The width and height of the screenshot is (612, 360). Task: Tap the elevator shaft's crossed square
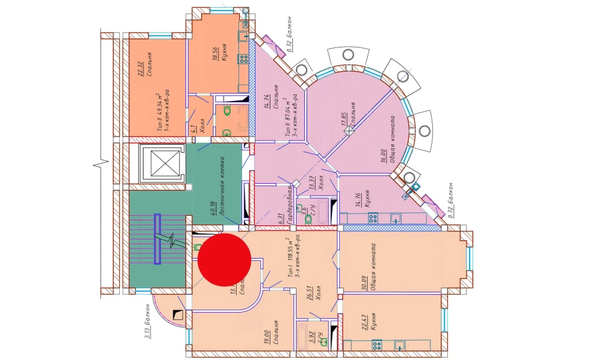(x=158, y=161)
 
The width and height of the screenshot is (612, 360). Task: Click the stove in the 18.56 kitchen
(x=243, y=58)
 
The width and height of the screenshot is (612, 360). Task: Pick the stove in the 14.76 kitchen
(x=374, y=218)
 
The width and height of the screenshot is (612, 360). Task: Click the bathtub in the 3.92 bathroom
(x=301, y=336)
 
